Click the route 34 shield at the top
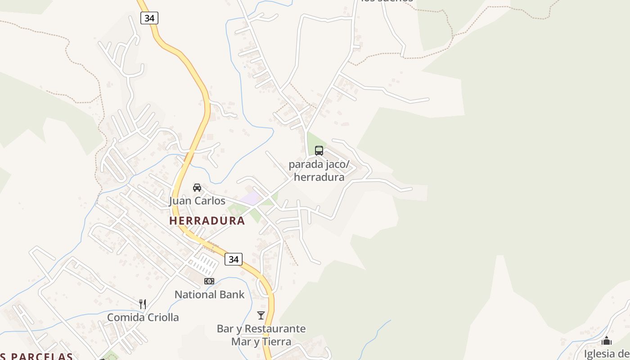149,18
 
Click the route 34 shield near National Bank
233,259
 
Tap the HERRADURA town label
207,221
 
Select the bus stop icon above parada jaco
319,151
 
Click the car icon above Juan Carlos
197,187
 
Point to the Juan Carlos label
197,201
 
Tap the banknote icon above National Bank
209,281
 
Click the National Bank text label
209,295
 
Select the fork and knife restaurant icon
143,304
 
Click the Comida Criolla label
143,317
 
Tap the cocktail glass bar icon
261,315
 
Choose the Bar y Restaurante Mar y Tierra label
261,335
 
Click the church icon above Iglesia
607,341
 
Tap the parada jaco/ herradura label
319,171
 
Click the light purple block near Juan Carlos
250,198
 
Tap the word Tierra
276,342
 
